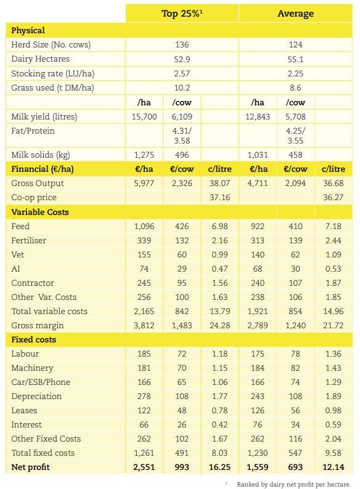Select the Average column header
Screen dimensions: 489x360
tap(296, 13)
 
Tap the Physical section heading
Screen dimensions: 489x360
tap(28, 30)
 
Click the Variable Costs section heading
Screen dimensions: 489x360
tap(40, 212)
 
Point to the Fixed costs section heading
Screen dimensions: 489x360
tap(33, 339)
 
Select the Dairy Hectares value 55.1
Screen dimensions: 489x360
tap(296, 59)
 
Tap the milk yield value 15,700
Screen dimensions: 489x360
tap(145, 117)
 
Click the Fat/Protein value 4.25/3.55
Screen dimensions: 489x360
tap(296, 135)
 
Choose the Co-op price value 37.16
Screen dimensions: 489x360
tap(219, 198)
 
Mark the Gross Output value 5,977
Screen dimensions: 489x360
tap(145, 184)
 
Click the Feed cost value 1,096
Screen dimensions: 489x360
tap(145, 226)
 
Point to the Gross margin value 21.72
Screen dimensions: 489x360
tap(333, 325)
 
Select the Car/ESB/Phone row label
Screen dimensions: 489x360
tap(41, 382)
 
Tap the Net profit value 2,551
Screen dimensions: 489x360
tap(145, 467)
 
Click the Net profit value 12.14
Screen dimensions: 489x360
tap(333, 467)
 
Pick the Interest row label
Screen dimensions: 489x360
tap(26, 424)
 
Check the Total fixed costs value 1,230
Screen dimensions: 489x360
tap(258, 453)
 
